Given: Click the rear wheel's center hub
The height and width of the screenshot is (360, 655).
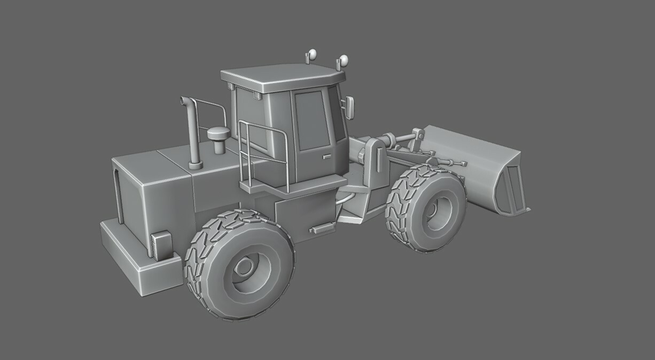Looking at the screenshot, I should coord(245,266).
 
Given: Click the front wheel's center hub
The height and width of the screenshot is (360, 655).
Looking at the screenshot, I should coord(439,207).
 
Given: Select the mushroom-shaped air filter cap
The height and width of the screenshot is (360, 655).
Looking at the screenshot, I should coord(218,134).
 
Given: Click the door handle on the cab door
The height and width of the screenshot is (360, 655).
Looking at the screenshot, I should coord(326,156).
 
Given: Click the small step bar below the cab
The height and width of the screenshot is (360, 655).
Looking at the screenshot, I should coord(323,228).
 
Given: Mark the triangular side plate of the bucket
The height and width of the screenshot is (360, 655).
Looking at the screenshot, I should coord(510,187).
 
